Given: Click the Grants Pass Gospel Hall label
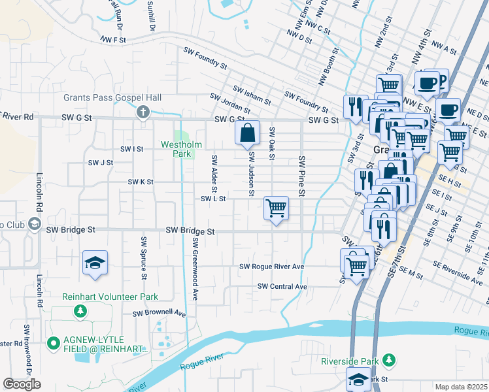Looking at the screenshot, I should tap(112, 97).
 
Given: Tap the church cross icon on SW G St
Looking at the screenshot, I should tap(142, 113).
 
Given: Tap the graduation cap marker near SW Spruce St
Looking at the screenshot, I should tap(95, 263).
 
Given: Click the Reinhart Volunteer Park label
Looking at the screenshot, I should tap(110, 297).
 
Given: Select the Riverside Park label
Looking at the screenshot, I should tap(350, 361).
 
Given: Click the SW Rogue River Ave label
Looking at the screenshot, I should tap(272, 267).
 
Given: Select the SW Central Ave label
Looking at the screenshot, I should tap(282, 286).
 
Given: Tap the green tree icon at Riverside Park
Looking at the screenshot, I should tap(390, 360).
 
